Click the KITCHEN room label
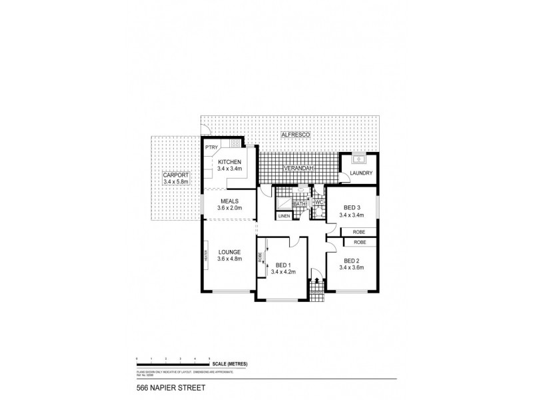click(229, 162)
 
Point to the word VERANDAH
click(298, 169)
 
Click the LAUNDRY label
click(358, 173)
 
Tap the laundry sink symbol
click(358, 160)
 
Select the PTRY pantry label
click(212, 147)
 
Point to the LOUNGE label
click(228, 252)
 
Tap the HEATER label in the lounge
click(207, 256)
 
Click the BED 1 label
click(284, 265)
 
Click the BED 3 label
click(349, 207)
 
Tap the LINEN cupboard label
click(284, 217)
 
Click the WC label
click(318, 202)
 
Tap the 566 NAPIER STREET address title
click(163, 387)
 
